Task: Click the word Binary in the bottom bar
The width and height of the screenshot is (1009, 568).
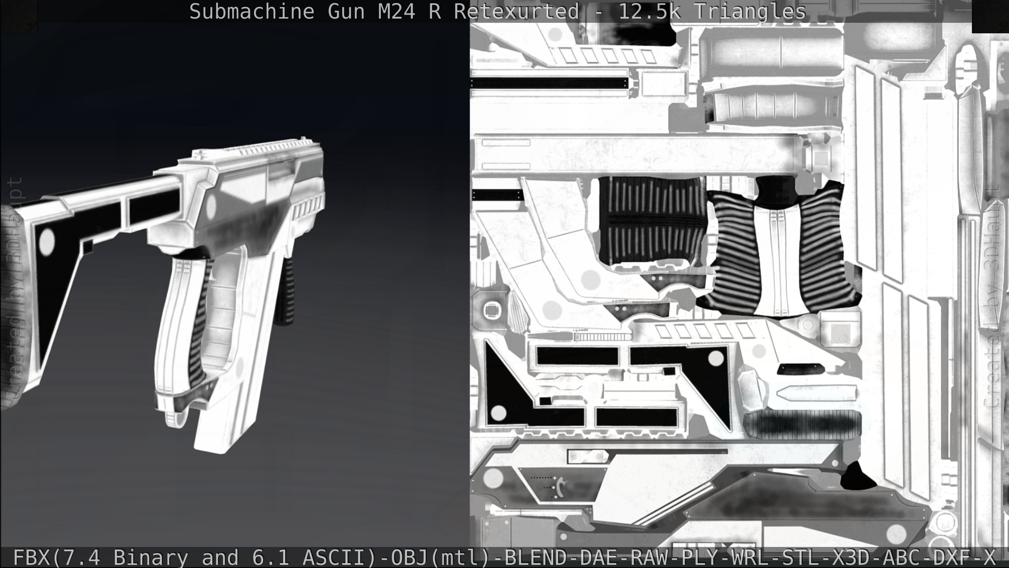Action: click(151, 557)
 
